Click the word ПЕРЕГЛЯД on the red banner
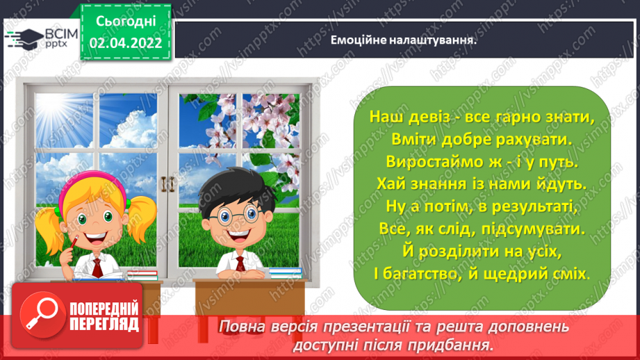click(104, 325)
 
